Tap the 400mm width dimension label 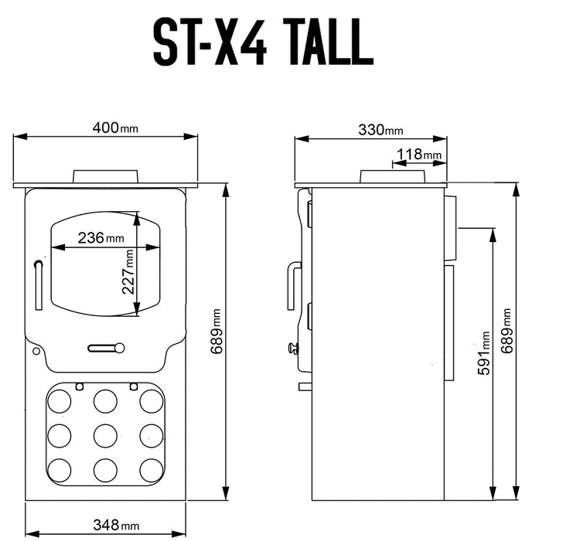coord(115,127)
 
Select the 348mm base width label coord(115,526)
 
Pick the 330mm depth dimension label coord(380,129)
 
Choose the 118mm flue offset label coord(418,155)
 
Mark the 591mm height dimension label coord(484,353)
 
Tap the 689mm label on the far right coord(507,330)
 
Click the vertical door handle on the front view coord(37,286)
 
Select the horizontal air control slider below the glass coord(106,348)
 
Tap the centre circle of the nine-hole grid coord(105,435)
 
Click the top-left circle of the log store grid coord(60,400)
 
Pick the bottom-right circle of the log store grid coord(151,468)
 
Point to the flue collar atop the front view coord(107,177)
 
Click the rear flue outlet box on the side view coord(450,228)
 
